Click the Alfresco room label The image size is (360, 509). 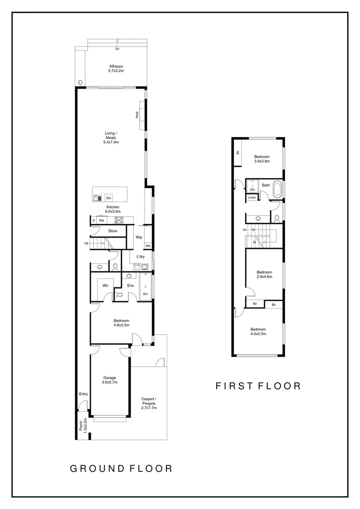pyautogui.click(x=115, y=68)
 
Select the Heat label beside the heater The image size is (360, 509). pyautogui.click(x=137, y=115)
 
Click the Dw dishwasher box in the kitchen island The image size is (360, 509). pyautogui.click(x=108, y=198)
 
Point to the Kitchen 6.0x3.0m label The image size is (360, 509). pyautogui.click(x=113, y=210)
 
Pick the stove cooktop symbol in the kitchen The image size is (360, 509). pyautogui.click(x=119, y=220)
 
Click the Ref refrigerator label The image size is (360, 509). pyautogui.click(x=101, y=220)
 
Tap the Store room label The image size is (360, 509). pyautogui.click(x=113, y=231)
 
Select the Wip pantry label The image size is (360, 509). pyautogui.click(x=139, y=237)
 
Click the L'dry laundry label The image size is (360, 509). pyautogui.click(x=140, y=256)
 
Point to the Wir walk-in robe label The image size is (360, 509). pyautogui.click(x=106, y=285)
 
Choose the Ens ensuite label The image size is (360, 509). pyautogui.click(x=131, y=285)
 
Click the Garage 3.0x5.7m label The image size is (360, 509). pyautogui.click(x=110, y=380)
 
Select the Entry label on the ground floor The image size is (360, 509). pyautogui.click(x=83, y=394)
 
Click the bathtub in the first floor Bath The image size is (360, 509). pyautogui.click(x=279, y=190)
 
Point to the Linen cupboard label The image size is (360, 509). pyautogui.click(x=252, y=197)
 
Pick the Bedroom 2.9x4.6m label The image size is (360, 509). pyautogui.click(x=264, y=275)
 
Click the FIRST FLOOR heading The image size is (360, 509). pyautogui.click(x=258, y=386)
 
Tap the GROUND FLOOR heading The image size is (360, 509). pyautogui.click(x=121, y=468)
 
